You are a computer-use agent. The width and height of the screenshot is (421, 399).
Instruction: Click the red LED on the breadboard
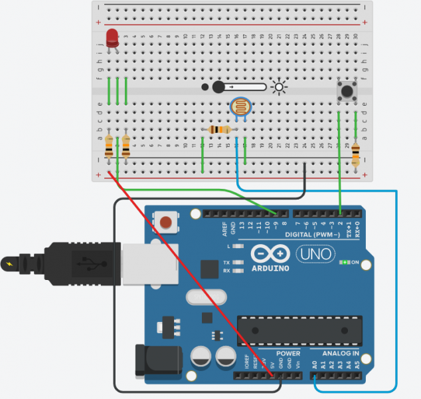pos(112,37)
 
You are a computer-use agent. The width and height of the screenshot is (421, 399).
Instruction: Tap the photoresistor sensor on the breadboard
pos(240,106)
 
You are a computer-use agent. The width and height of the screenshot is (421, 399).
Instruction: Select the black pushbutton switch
pos(346,90)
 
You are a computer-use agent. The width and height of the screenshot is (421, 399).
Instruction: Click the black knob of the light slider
pos(218,86)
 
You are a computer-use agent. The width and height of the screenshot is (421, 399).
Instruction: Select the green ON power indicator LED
pos(345,263)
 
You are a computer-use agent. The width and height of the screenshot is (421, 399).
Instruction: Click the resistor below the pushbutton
pos(355,154)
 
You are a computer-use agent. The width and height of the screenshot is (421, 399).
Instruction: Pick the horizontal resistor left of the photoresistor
pos(220,130)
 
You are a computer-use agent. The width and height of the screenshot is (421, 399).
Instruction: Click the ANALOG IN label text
pos(340,353)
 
